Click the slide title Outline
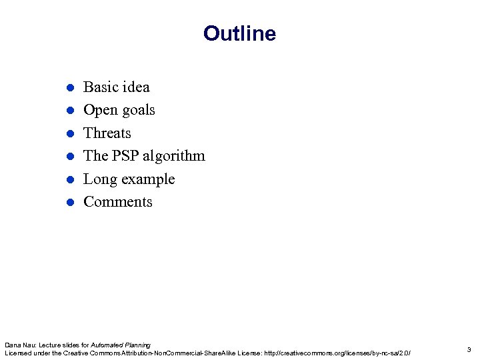coord(239,33)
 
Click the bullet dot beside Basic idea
coord(69,87)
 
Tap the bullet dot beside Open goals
coord(69,111)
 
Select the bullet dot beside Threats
coord(69,133)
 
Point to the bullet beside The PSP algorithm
coord(69,157)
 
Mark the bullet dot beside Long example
coord(69,179)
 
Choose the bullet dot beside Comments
coord(69,203)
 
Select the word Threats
coord(107,133)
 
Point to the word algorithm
coord(175,156)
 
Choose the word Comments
coord(117,202)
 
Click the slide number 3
coord(469,349)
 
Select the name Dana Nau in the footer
coord(19,345)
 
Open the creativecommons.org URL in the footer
coord(338,353)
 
